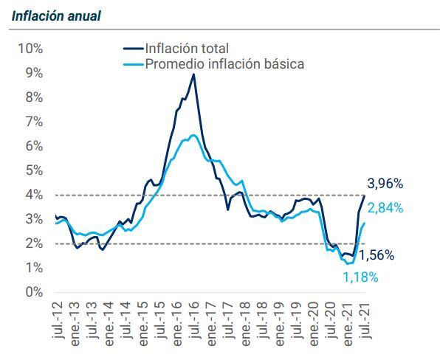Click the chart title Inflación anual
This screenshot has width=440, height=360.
pyautogui.click(x=56, y=15)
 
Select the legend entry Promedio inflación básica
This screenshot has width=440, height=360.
pyautogui.click(x=224, y=64)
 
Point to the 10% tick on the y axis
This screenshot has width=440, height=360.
pyautogui.click(x=30, y=49)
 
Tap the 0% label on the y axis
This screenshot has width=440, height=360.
pyautogui.click(x=33, y=292)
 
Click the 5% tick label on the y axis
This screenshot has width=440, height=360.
pyautogui.click(x=33, y=170)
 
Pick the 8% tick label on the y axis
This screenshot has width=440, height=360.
pyautogui.click(x=33, y=97)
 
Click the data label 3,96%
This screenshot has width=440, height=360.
pyautogui.click(x=385, y=184)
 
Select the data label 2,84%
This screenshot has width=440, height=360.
pyautogui.click(x=385, y=208)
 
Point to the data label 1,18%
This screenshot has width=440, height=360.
pyautogui.click(x=360, y=277)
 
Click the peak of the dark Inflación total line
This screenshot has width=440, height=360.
pyautogui.click(x=193, y=75)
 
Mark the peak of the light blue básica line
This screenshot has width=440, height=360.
pyautogui.click(x=193, y=135)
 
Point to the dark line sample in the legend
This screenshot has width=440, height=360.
pyautogui.click(x=133, y=49)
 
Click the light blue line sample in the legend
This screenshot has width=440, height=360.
pyautogui.click(x=133, y=64)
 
